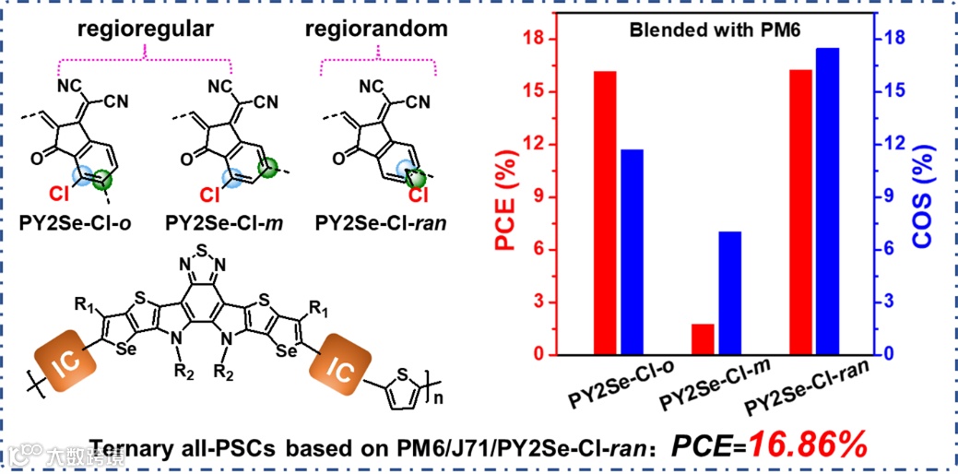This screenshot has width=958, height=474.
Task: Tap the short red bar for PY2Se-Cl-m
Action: point(703,339)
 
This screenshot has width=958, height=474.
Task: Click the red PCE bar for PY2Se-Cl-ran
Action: point(800,212)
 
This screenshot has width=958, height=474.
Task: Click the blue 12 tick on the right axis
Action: point(884,145)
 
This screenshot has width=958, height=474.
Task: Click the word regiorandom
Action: point(376,29)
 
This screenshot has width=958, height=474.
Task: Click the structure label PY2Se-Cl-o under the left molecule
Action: point(73,222)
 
